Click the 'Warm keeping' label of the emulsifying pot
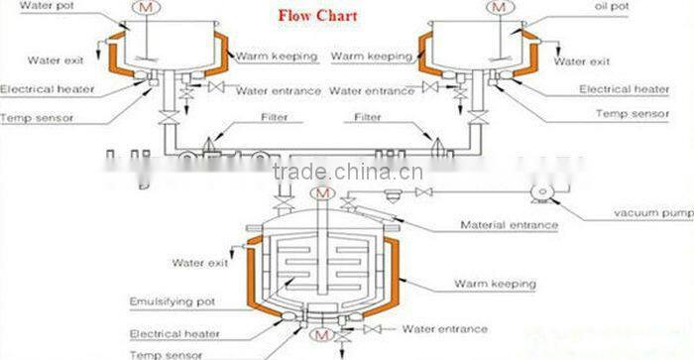pos(496,285)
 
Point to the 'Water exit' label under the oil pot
pos(582,61)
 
